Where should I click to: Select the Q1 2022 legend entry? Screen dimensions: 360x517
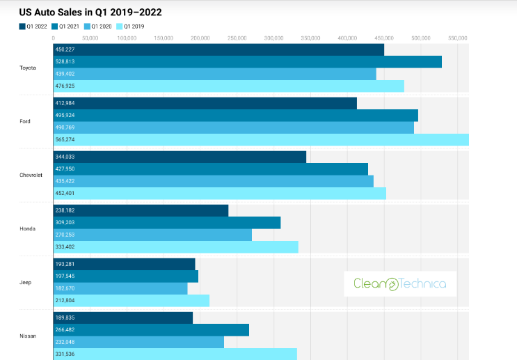[33, 26]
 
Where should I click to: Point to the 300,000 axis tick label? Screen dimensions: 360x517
[274, 38]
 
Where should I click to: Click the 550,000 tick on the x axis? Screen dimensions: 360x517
[457, 38]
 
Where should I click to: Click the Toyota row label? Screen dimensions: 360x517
[28, 68]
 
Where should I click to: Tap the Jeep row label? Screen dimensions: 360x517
[26, 283]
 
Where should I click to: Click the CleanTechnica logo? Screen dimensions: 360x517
[399, 283]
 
